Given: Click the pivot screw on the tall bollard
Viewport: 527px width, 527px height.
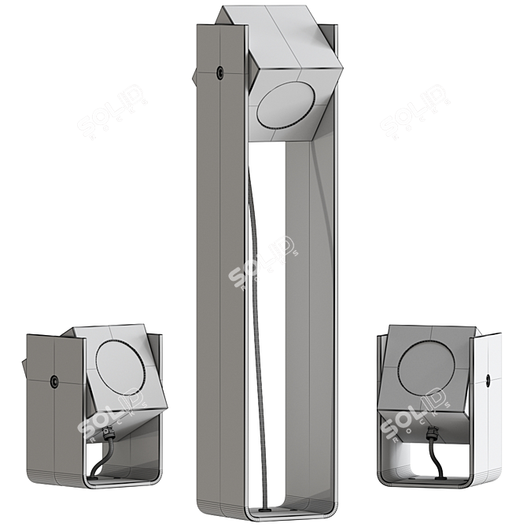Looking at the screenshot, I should (219, 72).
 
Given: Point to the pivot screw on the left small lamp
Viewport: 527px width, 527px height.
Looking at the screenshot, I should (54, 381).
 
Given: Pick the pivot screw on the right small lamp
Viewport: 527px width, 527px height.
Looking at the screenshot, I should (488, 380).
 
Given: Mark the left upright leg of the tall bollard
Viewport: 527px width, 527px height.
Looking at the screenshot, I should (223, 275).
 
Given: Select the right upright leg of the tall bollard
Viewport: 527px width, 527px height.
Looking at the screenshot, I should (311, 315).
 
